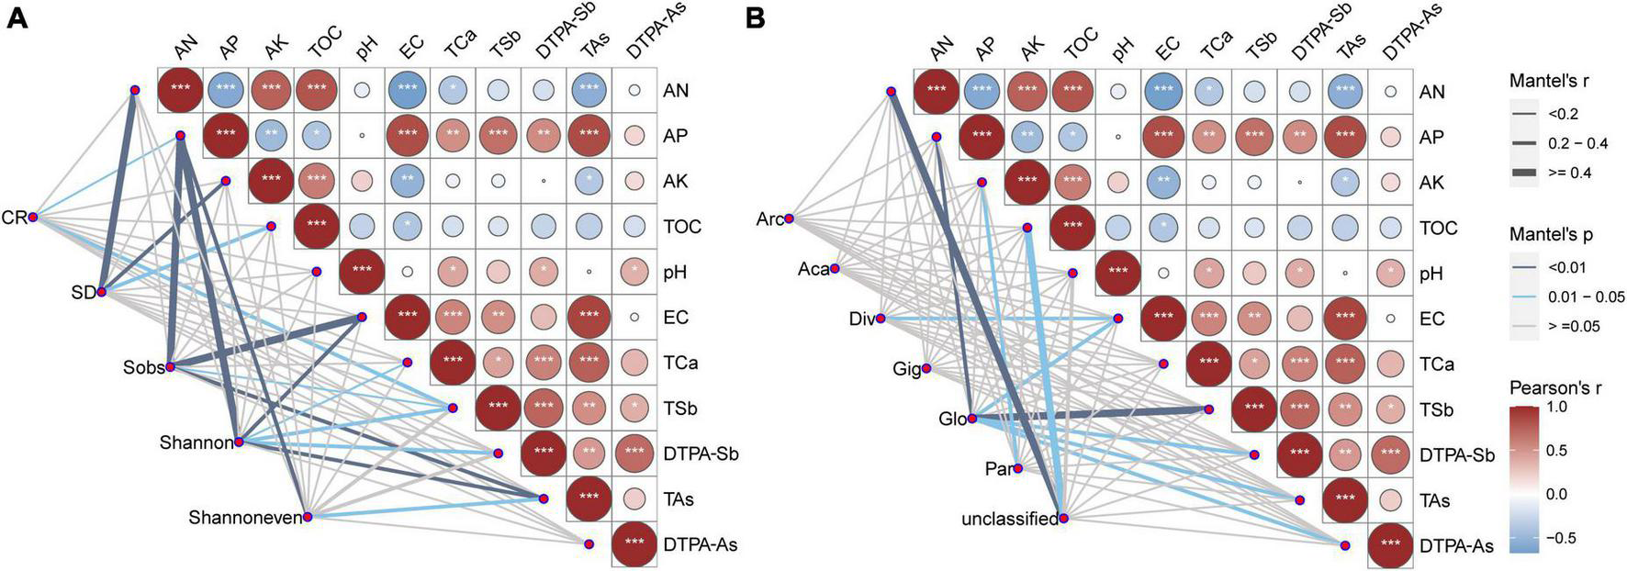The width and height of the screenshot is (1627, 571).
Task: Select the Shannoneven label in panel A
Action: [x=245, y=518]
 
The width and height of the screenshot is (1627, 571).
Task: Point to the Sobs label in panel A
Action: [x=144, y=367]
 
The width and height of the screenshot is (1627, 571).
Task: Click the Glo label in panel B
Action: [x=953, y=420]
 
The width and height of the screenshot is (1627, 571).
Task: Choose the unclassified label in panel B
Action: [x=1009, y=520]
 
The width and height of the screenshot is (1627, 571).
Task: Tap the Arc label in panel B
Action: [x=769, y=218]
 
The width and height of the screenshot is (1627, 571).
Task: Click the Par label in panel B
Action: [x=998, y=469]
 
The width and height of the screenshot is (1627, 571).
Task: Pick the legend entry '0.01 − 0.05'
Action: [x=1587, y=297]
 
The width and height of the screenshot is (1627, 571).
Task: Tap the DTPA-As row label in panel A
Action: [x=701, y=545]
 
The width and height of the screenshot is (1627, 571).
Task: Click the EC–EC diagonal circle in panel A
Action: [x=407, y=318]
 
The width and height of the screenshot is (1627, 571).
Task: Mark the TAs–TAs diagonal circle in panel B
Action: [x=1345, y=500]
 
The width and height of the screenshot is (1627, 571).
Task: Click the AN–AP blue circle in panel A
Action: [x=226, y=90]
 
